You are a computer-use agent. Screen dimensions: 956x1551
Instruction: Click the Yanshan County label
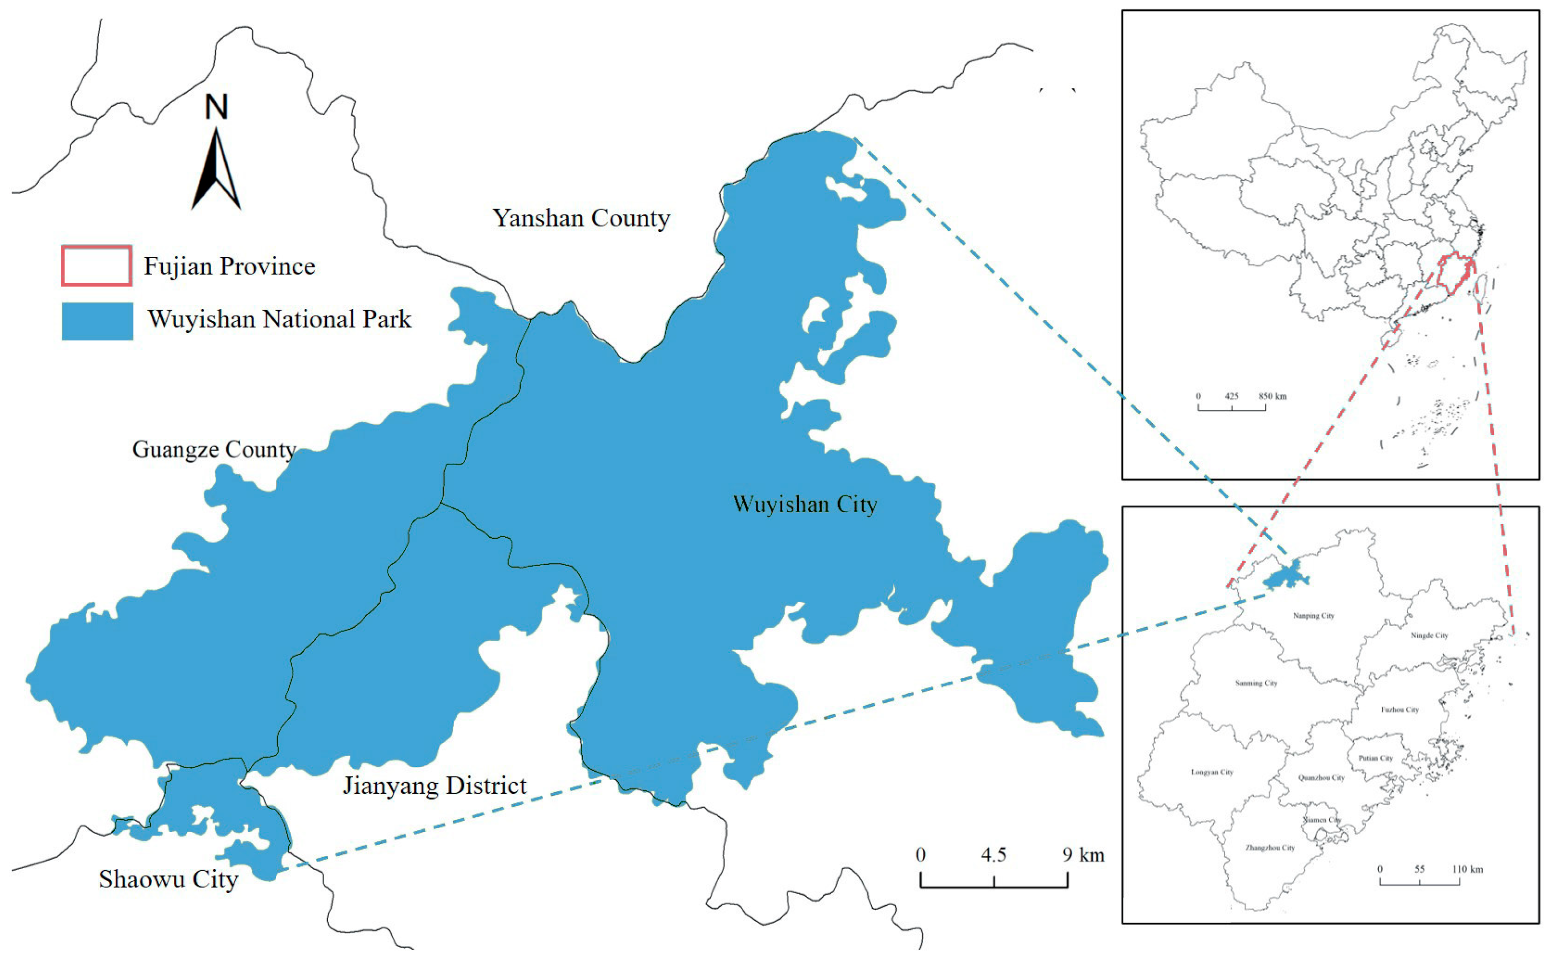pyautogui.click(x=581, y=219)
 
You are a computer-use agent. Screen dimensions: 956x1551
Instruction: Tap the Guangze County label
pyautogui.click(x=214, y=450)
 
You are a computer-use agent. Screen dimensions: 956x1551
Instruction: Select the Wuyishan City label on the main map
pyautogui.click(x=805, y=505)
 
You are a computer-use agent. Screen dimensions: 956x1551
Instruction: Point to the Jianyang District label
pyautogui.click(x=435, y=786)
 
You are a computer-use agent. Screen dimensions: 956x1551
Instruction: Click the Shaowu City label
pyautogui.click(x=168, y=880)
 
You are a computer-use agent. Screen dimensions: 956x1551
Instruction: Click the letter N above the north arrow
pyautogui.click(x=216, y=107)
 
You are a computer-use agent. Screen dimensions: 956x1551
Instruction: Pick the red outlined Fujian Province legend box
pyautogui.click(x=96, y=265)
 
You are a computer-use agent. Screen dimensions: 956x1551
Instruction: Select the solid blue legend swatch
pyautogui.click(x=97, y=321)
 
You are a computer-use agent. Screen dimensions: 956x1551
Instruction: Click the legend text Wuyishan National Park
pyautogui.click(x=280, y=319)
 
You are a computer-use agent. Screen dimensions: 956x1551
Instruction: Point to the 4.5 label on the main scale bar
pyautogui.click(x=993, y=855)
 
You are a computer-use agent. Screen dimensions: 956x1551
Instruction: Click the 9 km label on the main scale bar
pyautogui.click(x=1083, y=855)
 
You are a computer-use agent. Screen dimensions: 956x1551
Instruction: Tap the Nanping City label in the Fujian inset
pyautogui.click(x=1313, y=616)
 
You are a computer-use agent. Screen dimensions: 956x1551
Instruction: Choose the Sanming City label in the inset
pyautogui.click(x=1256, y=683)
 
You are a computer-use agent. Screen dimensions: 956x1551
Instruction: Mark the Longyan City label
pyautogui.click(x=1212, y=773)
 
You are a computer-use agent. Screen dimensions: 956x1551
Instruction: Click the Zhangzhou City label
pyautogui.click(x=1270, y=848)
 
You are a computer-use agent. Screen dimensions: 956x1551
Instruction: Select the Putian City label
pyautogui.click(x=1376, y=758)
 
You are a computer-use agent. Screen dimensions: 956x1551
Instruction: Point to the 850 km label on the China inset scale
pyautogui.click(x=1272, y=396)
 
